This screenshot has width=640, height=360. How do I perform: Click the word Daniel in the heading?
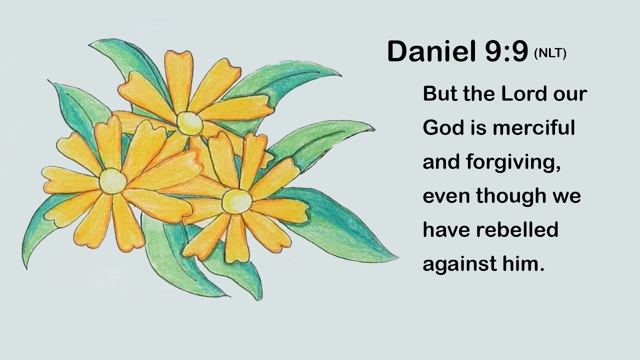click(x=431, y=51)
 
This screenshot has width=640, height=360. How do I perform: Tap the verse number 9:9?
click(x=506, y=51)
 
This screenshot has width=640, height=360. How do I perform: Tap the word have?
click(x=446, y=230)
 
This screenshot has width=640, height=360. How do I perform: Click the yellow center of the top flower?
click(x=189, y=123)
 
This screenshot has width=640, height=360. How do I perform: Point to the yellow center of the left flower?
click(x=112, y=180)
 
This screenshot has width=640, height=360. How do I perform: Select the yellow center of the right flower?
click(x=236, y=201)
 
